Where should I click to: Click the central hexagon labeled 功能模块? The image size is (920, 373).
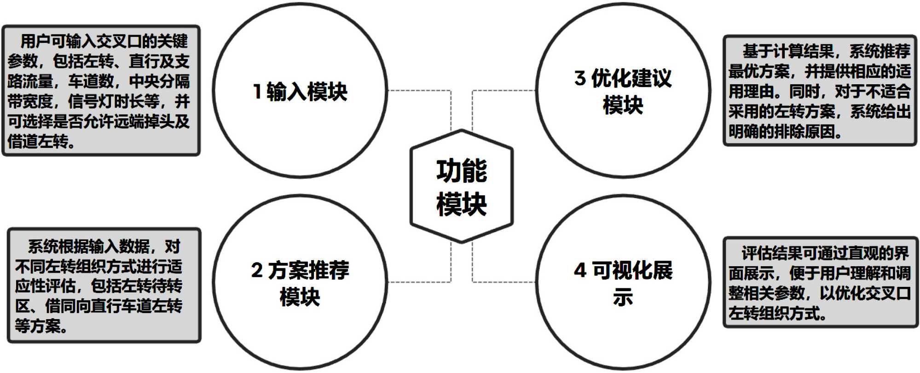[x=461, y=186]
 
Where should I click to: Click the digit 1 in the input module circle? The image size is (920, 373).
[x=257, y=91]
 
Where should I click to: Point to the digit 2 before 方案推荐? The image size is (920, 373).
[x=256, y=270]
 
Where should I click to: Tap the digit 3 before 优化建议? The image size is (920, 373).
[x=580, y=78]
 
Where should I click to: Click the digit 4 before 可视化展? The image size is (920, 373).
[x=580, y=270]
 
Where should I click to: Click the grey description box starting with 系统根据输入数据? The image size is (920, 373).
[x=104, y=286]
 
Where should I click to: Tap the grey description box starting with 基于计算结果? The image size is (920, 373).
[x=820, y=91]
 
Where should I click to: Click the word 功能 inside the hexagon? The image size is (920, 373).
[x=461, y=170]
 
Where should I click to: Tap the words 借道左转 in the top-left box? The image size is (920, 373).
[x=38, y=141]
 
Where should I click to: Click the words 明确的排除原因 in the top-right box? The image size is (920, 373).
[x=782, y=132]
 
